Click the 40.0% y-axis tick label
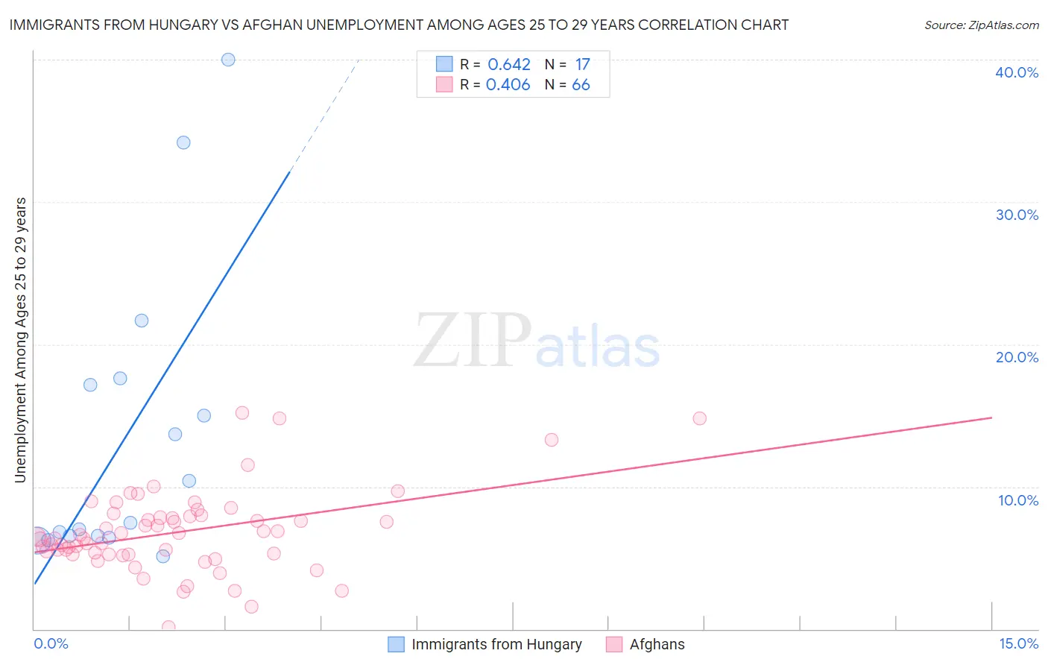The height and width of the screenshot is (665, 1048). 1017,72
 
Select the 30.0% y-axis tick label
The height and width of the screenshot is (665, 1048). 1017,215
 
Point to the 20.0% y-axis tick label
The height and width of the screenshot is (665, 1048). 1017,357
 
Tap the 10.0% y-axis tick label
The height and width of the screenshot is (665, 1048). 1018,500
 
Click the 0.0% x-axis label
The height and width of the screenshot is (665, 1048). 51,643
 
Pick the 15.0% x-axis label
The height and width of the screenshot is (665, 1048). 1018,643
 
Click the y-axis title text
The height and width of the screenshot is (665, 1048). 20,340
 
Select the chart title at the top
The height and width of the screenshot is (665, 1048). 398,25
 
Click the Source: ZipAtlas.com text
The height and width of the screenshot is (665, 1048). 981,25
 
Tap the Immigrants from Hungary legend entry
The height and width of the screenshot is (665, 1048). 496,644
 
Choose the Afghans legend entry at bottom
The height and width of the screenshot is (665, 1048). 657,644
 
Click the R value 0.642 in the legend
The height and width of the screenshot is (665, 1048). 509,65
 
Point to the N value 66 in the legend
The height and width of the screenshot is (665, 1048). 581,85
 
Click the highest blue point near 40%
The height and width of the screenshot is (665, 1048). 228,60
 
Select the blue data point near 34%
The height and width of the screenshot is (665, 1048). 183,142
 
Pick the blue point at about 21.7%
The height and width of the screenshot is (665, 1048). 142,321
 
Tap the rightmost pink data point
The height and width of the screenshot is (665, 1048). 699,418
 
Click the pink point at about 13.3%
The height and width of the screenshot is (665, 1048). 552,440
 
